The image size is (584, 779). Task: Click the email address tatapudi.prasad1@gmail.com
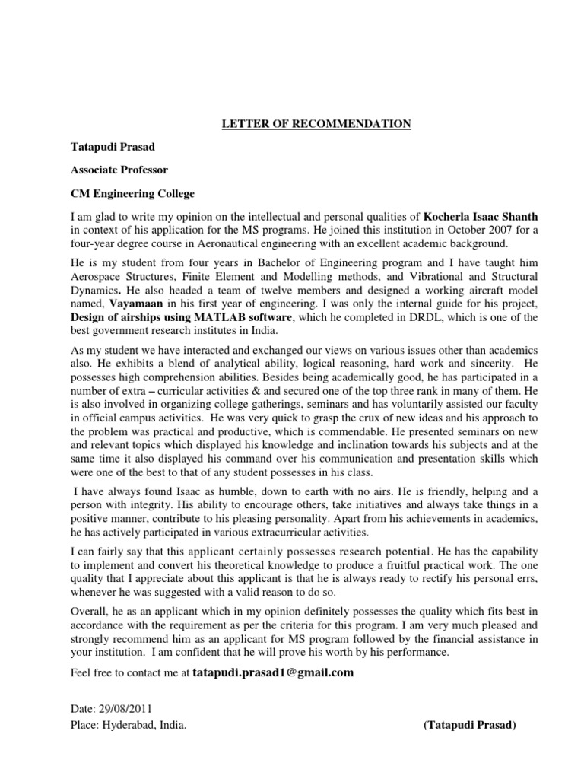pyautogui.click(x=274, y=672)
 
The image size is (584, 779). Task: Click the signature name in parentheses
pyautogui.click(x=470, y=725)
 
